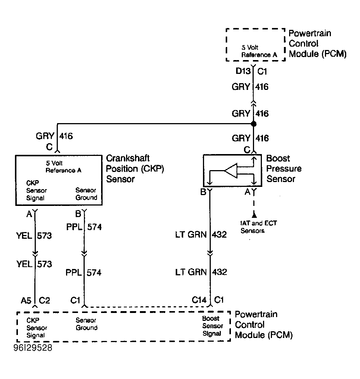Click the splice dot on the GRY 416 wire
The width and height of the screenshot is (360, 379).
[x=253, y=124]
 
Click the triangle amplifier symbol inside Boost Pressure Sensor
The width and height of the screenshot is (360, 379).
[x=231, y=171]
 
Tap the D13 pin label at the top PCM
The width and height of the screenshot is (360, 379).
[x=243, y=71]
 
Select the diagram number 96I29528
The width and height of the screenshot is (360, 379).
[x=33, y=348]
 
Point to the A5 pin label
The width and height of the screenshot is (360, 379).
[x=26, y=300]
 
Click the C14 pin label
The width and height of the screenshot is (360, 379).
[x=199, y=300]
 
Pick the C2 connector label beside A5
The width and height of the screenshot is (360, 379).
[x=44, y=300]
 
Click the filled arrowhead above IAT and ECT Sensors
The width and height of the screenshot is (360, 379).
[x=254, y=214]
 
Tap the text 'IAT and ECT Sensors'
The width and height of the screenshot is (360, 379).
[x=259, y=227]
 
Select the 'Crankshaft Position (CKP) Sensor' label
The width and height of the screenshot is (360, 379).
[x=135, y=169]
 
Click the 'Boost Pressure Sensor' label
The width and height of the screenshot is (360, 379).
[x=284, y=169]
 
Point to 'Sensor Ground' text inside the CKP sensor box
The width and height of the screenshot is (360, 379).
[x=86, y=194]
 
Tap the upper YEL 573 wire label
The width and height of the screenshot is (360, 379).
[x=34, y=235]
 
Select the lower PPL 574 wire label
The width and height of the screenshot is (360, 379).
[x=84, y=273]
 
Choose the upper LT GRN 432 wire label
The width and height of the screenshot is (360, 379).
[x=201, y=235]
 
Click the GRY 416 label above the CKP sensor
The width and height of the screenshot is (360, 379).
[x=54, y=136]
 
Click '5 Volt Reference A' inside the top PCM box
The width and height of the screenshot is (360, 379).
[x=259, y=51]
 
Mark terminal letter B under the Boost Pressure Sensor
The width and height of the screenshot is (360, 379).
[x=203, y=192]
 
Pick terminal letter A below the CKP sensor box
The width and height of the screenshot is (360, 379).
[x=29, y=214]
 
